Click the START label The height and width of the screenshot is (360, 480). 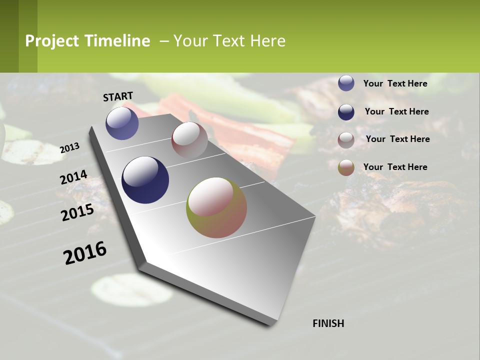coord(118,96)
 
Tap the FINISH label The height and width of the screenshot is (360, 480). coord(328,323)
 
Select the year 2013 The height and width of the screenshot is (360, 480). coord(70,148)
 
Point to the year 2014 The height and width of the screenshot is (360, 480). coord(73,177)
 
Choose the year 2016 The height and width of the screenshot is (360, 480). coord(85,252)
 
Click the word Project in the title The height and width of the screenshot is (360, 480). coord(51,41)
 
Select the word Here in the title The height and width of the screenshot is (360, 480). coord(267,41)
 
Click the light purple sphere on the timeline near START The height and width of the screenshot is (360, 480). coord(122,123)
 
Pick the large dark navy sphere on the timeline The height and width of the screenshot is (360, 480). coord(145,180)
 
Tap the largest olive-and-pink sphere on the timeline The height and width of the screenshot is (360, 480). coord(216,207)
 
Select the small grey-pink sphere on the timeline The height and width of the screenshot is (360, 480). coord(189,140)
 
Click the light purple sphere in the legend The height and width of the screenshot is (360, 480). coord(346,83)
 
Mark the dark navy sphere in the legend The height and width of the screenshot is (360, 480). coord(346,112)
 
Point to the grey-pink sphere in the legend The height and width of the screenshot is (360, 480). coord(346,140)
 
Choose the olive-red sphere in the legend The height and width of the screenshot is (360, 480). coord(346,167)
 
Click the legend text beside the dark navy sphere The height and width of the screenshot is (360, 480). coord(396,111)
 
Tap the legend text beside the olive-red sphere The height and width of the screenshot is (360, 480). coord(395,167)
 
